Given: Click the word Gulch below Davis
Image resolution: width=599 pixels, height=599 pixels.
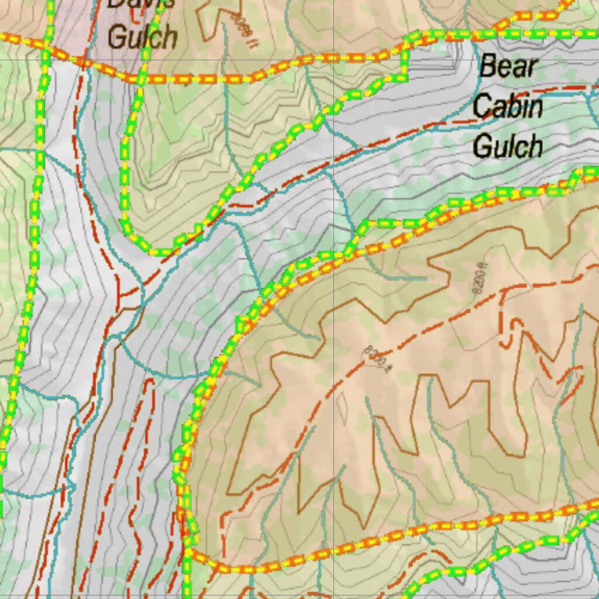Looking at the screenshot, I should [142, 37].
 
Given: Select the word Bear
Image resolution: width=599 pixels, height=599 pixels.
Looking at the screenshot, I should [508, 67].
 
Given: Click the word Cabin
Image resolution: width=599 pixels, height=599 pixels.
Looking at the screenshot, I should [508, 106].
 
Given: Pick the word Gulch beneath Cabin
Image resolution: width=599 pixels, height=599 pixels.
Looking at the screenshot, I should [508, 146].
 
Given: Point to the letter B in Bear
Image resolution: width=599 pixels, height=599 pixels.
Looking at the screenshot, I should [487, 67].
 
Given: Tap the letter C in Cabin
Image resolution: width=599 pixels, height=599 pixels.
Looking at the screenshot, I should [482, 106].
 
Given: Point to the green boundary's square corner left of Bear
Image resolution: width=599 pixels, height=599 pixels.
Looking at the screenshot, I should [404, 76].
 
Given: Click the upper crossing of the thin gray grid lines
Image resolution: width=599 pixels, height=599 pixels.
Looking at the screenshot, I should [333, 60].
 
